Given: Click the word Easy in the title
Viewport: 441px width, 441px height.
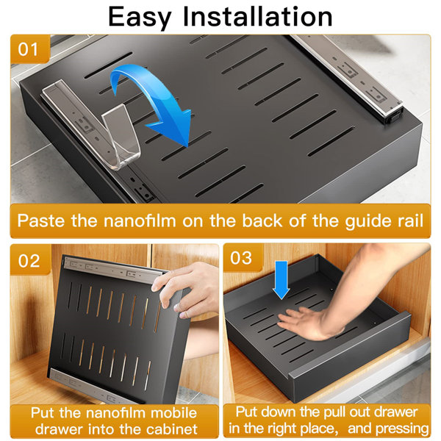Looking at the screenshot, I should point(146,17).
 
